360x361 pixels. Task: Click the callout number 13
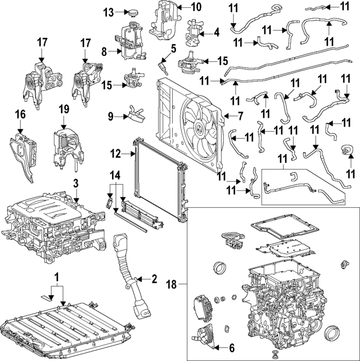108,12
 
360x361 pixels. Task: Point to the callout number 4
217,33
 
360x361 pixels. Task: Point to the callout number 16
21,115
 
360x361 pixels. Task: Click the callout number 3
75,183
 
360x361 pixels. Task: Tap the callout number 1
56,277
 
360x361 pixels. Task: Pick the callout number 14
115,175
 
